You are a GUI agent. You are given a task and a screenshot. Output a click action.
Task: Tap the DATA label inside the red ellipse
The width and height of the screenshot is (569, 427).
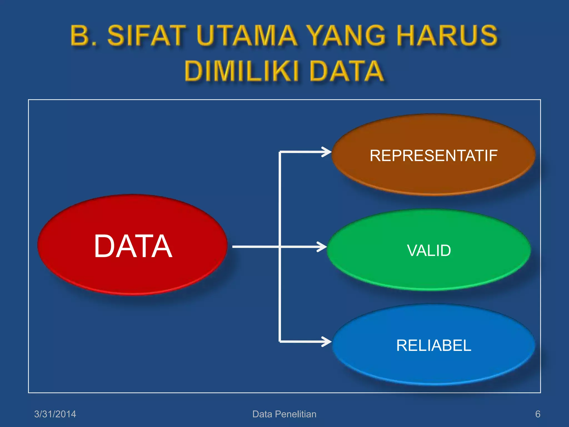[133, 246]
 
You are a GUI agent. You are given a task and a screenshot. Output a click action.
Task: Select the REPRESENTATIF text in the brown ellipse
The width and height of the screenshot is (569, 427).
[433, 155]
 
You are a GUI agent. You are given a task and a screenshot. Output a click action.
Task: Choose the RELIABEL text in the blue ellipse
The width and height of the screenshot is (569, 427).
[433, 345]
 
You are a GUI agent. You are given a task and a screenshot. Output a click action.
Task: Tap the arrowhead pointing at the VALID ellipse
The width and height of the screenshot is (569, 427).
[323, 247]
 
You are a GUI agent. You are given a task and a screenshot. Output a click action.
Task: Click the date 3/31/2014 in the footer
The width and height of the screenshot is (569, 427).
[55, 414]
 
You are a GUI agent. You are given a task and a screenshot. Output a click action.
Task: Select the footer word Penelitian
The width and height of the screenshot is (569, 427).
[296, 414]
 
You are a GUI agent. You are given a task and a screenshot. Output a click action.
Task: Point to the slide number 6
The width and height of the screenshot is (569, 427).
[538, 414]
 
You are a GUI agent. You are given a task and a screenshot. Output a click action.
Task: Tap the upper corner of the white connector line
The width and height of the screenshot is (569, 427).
[280, 152]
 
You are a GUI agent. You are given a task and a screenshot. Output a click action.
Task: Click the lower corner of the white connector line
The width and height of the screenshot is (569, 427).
[280, 341]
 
